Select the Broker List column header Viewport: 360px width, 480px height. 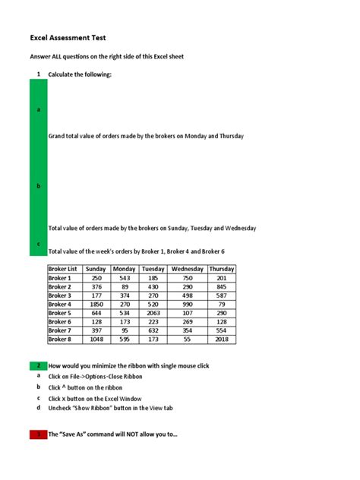tap(63, 269)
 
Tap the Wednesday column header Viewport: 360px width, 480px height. tap(187, 269)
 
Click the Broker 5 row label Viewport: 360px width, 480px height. tap(60, 313)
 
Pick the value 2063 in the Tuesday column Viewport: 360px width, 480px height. tap(153, 313)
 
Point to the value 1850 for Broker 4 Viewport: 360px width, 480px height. tap(96, 304)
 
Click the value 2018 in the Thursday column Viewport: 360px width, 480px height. tap(221, 339)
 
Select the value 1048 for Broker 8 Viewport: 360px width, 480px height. tap(96, 339)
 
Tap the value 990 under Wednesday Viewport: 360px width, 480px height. tap(187, 304)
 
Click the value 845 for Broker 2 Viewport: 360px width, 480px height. tap(221, 287)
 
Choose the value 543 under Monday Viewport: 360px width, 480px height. tap(124, 278)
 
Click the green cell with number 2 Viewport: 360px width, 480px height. tap(38, 366)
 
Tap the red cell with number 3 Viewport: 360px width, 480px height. tap(38, 434)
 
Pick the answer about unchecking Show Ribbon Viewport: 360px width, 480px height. tap(111, 409)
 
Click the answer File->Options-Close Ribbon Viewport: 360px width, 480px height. tap(95, 377)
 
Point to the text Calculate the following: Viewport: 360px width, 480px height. tap(80, 74)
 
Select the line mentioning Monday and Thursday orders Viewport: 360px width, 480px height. tap(146, 137)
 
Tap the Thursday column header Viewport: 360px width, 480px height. tap(221, 269)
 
